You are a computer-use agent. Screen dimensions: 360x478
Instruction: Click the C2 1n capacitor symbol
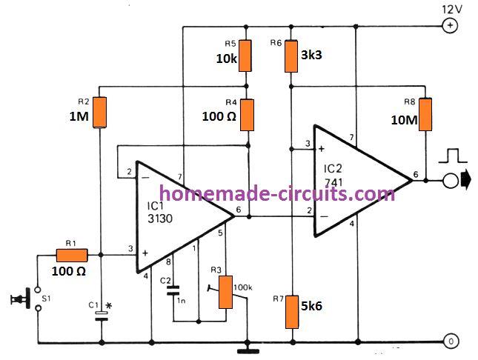(175, 293)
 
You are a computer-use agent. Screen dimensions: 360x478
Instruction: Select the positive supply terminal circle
(449, 27)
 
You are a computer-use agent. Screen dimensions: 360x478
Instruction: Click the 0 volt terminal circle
(449, 342)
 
